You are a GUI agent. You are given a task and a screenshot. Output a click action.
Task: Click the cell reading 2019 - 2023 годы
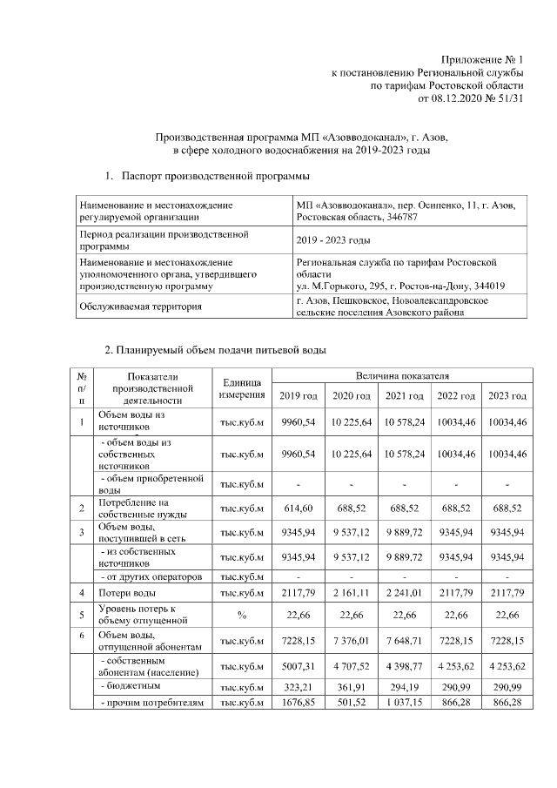pyautogui.click(x=333, y=240)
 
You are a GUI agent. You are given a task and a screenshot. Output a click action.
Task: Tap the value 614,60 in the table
pyautogui.click(x=298, y=508)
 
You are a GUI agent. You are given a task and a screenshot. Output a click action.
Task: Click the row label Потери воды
pyautogui.click(x=127, y=594)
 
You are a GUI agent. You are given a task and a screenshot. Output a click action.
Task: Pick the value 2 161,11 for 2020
pyautogui.click(x=350, y=594)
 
